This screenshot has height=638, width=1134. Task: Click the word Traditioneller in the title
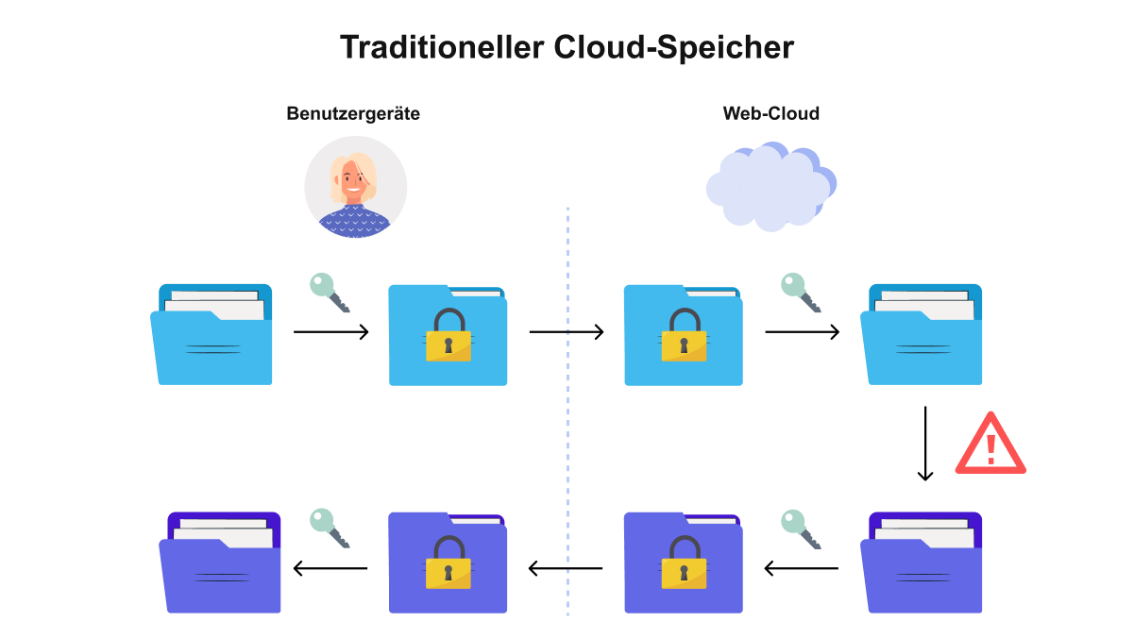coord(442,47)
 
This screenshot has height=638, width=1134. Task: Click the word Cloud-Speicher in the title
coord(674,47)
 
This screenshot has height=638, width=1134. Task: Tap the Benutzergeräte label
coord(353,114)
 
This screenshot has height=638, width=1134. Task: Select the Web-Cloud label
coord(771,113)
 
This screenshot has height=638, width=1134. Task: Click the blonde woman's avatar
coord(355,187)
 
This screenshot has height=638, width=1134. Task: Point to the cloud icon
coord(771,187)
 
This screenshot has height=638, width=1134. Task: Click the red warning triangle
coord(990,445)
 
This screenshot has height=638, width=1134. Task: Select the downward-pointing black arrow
coord(925,444)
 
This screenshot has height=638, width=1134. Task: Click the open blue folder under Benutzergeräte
coord(212,334)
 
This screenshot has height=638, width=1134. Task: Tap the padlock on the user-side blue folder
coord(449,335)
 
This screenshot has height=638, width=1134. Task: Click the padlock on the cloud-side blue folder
coord(684,335)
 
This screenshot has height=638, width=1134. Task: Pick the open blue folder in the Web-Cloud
coord(922,334)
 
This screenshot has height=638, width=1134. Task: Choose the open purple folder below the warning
coord(922,562)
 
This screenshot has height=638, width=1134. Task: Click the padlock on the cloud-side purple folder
coord(684,562)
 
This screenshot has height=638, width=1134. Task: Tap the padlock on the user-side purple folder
coord(449,562)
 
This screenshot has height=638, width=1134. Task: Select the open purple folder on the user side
coord(220,562)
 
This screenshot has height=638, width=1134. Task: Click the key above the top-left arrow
coord(330,293)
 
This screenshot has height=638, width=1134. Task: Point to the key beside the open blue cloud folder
coord(801,293)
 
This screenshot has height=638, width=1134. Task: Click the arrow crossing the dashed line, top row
coord(567,332)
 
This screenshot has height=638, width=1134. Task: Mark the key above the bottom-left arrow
coord(330,529)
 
